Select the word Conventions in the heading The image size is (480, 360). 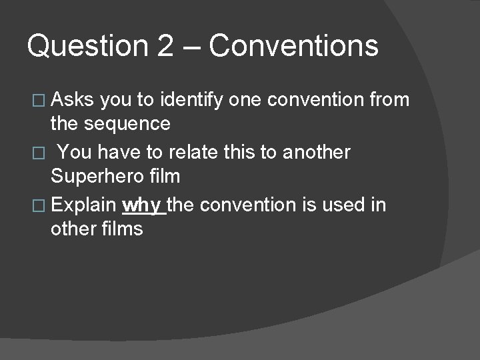click(x=294, y=47)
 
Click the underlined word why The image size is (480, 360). click(x=143, y=205)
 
